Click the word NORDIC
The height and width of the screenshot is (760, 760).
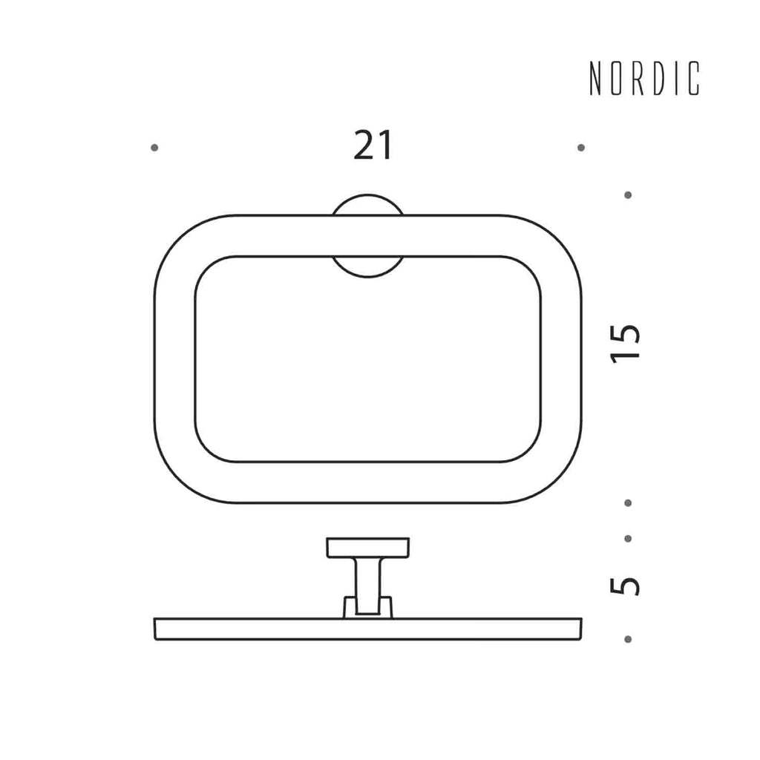(645, 79)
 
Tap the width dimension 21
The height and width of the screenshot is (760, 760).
(373, 145)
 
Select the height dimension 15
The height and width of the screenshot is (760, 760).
(626, 344)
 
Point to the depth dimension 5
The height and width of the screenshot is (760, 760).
(626, 586)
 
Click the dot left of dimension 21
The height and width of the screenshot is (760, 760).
(154, 148)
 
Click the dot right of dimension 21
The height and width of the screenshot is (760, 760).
(581, 148)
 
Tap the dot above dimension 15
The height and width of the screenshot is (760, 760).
(628, 195)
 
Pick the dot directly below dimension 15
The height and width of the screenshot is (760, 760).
(628, 503)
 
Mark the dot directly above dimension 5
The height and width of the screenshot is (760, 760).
(628, 539)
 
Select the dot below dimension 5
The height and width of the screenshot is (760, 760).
(628, 639)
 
